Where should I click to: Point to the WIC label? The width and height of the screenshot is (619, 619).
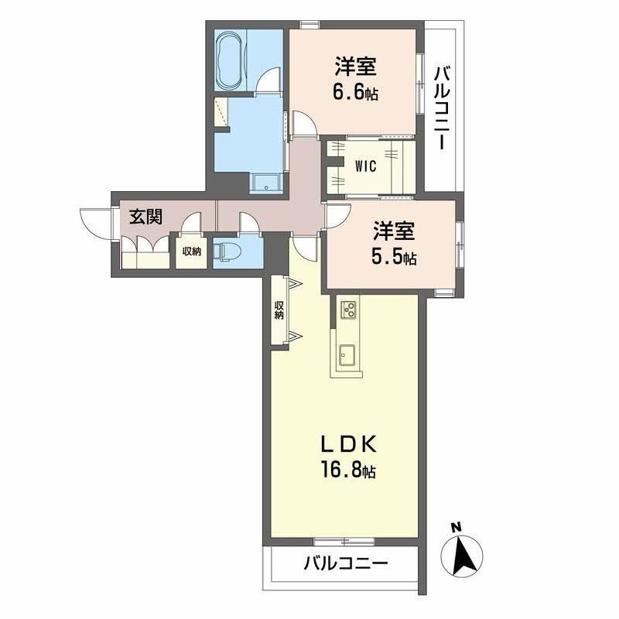365,165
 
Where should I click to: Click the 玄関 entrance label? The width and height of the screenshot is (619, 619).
145,216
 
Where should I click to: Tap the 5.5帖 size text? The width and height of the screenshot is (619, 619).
395,258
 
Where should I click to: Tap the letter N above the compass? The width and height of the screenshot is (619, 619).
457,528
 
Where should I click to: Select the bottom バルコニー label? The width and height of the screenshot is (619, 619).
345,563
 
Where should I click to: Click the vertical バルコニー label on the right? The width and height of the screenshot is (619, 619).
442,109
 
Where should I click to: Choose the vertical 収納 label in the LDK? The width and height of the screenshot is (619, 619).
279,309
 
